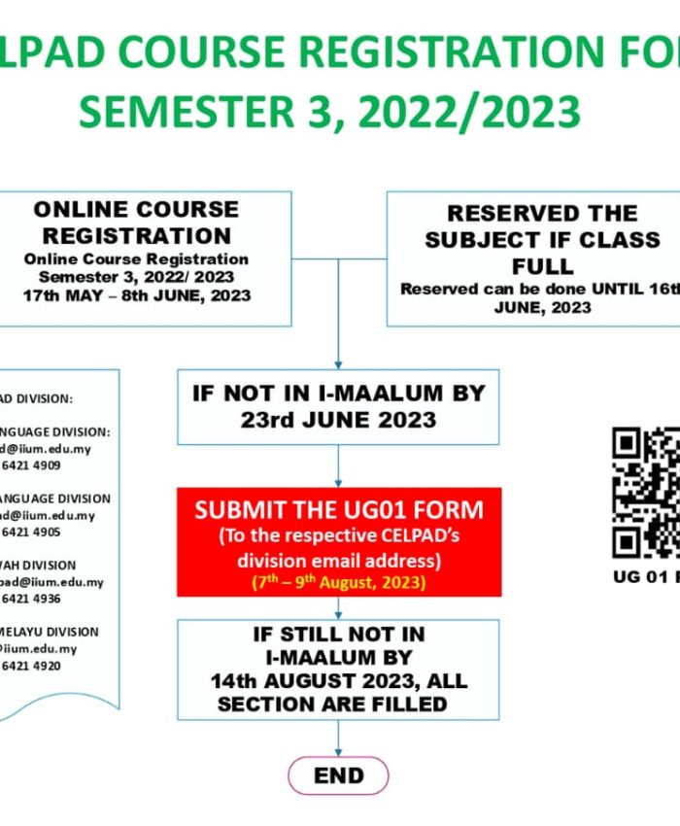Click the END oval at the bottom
pyautogui.click(x=338, y=775)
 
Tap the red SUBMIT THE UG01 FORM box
pyautogui.click(x=338, y=541)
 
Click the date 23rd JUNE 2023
pyautogui.click(x=338, y=420)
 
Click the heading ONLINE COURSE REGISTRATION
pyautogui.click(x=137, y=223)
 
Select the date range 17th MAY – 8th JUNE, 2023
pyautogui.click(x=137, y=295)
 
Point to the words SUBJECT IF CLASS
pyautogui.click(x=542, y=240)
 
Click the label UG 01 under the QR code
pyautogui.click(x=636, y=576)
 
